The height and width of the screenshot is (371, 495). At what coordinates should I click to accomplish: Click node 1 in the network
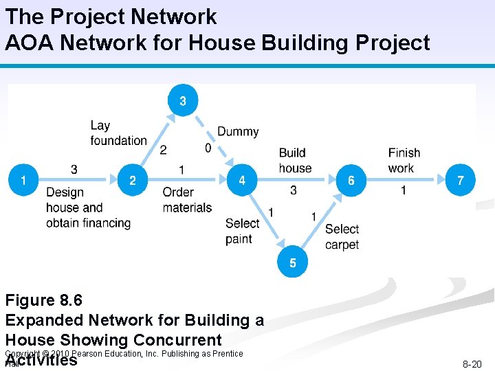[23, 181]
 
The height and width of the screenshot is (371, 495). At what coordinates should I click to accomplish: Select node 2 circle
[133, 181]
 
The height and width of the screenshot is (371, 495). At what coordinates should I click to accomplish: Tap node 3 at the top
[182, 101]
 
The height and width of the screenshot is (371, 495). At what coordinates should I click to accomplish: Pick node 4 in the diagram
[242, 181]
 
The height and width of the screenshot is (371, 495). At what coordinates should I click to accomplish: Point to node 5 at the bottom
[293, 262]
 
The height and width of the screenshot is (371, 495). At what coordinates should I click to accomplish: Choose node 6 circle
[351, 181]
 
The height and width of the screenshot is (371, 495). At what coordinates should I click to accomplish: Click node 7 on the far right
[460, 181]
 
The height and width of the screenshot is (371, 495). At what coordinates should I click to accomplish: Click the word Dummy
[238, 131]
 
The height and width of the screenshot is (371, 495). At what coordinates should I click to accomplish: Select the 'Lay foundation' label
[118, 133]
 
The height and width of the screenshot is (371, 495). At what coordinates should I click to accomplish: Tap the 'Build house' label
[295, 160]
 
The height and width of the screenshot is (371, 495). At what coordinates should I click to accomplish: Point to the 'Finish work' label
[404, 160]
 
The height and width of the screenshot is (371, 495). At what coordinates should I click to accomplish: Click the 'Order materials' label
[187, 199]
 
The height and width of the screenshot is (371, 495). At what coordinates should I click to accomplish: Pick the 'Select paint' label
[242, 231]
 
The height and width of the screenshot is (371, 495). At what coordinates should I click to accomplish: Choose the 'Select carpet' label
[342, 236]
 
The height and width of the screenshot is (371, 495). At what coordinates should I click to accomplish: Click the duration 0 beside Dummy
[208, 148]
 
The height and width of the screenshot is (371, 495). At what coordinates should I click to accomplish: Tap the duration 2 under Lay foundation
[163, 150]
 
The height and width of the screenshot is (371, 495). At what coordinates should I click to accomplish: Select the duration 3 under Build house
[294, 190]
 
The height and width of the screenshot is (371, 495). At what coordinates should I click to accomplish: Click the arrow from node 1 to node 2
[76, 181]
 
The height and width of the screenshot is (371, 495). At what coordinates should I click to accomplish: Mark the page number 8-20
[471, 364]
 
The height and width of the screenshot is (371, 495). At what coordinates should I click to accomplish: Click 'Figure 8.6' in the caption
[43, 300]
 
